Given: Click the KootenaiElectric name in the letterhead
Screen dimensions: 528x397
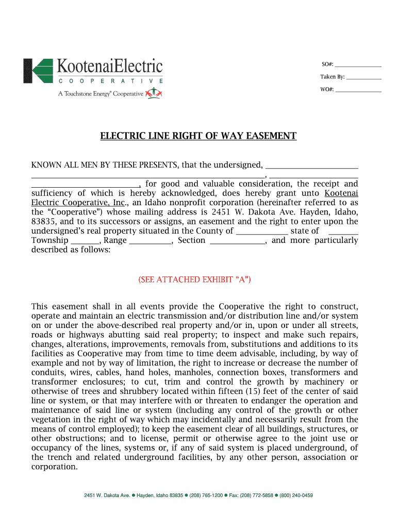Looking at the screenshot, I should [109, 67].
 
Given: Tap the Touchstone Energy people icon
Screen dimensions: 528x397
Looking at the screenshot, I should [154, 93].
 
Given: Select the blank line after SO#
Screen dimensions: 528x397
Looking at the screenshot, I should [358, 65].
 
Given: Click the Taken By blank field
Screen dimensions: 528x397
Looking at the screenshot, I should [363, 78].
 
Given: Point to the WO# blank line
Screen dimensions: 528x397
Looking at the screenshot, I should [358, 90].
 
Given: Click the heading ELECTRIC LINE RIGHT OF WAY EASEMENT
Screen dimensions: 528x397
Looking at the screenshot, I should [198, 136].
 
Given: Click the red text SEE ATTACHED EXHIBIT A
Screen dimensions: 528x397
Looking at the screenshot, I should [194, 279].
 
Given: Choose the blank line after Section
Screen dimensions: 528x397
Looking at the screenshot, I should [237, 241].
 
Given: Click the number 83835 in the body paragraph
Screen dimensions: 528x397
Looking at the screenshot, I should [43, 221].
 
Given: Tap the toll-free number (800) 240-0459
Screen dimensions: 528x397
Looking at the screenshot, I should [296, 496].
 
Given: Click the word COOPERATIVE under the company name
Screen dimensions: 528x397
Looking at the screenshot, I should [111, 81].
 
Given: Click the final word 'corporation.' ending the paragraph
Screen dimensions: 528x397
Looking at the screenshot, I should [54, 467].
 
